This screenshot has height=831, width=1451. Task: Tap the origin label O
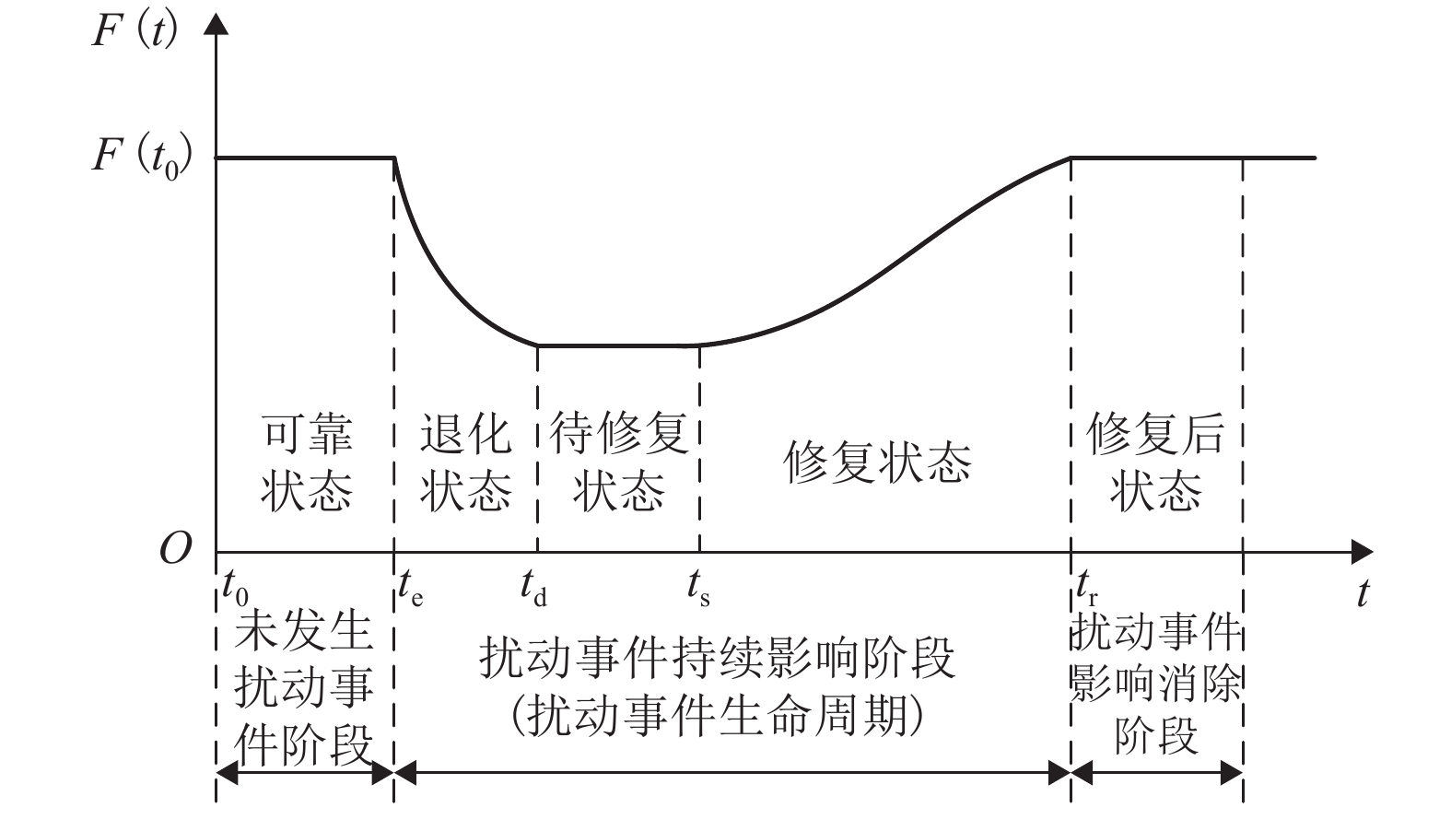point(175,550)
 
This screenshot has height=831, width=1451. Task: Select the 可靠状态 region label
point(307,462)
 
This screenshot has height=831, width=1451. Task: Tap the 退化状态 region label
point(465,462)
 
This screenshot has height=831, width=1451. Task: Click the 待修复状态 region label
point(619,462)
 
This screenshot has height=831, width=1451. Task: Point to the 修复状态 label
point(877,462)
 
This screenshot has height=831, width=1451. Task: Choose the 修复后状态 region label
point(1156,462)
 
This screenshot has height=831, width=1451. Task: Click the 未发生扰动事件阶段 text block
point(304,686)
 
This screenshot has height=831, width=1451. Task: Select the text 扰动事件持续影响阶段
point(717,660)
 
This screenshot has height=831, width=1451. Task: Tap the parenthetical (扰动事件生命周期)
point(717,715)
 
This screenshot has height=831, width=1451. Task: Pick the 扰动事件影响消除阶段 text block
point(1156,686)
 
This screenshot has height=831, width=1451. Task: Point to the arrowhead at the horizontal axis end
point(1362,553)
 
